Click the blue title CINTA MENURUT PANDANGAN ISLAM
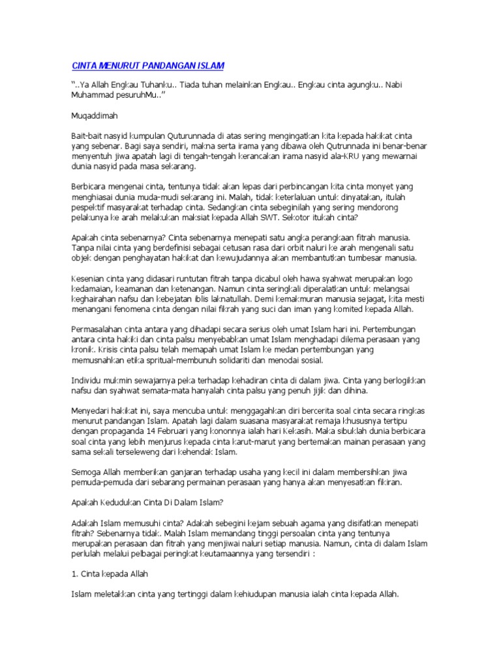point(147,66)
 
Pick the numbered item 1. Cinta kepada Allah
point(115,575)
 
